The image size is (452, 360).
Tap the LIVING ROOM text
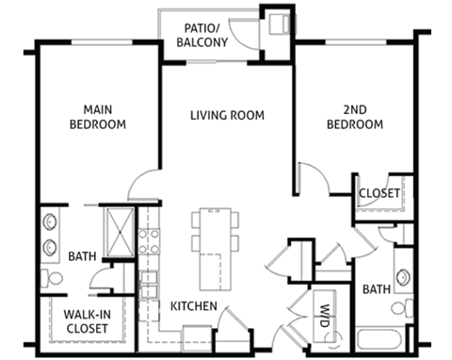click(x=226, y=116)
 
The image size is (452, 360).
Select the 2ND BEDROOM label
click(x=355, y=116)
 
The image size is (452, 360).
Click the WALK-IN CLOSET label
click(x=85, y=320)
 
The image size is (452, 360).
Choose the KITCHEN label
click(x=194, y=306)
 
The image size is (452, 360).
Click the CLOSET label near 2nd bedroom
click(x=379, y=193)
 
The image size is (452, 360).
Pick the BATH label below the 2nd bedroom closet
click(x=377, y=289)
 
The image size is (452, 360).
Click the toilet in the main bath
click(x=51, y=279)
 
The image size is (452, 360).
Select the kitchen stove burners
click(x=147, y=242)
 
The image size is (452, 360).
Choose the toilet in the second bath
click(x=405, y=308)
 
